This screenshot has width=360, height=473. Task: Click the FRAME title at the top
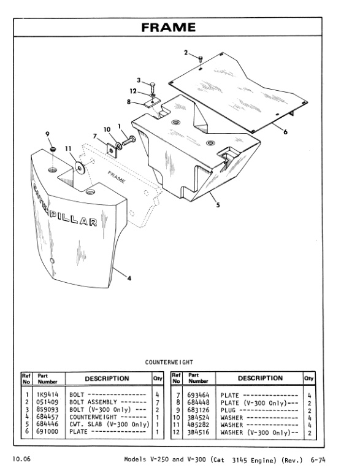click(169, 28)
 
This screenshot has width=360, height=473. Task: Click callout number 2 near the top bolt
click(186, 53)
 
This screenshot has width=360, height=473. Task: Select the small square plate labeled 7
click(111, 149)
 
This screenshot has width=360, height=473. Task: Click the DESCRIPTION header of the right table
click(260, 379)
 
